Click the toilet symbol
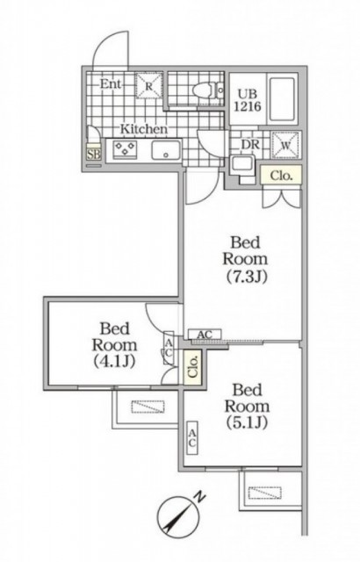[x=209, y=90]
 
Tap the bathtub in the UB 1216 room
[x=283, y=99]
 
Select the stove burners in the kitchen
[x=125, y=148]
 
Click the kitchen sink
[x=166, y=150]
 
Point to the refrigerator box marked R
[x=149, y=86]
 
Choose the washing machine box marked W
[x=285, y=145]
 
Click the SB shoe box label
[x=94, y=155]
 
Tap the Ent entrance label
[x=111, y=84]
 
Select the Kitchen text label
[x=144, y=129]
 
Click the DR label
[x=250, y=144]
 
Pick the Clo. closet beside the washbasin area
[x=281, y=176]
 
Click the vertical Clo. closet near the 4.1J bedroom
[x=192, y=367]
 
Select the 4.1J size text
[x=115, y=361]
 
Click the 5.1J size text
[x=247, y=423]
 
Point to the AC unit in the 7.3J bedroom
[x=205, y=335]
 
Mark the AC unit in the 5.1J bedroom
[x=192, y=437]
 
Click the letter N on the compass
[x=199, y=497]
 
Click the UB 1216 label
[x=248, y=100]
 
